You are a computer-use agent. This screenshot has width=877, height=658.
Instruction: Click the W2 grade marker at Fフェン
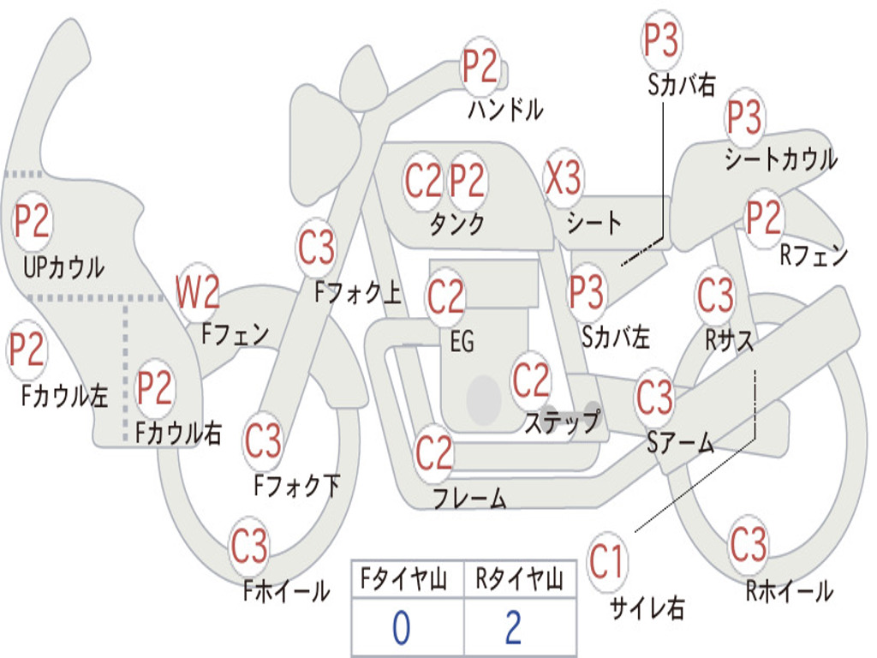tap(198, 293)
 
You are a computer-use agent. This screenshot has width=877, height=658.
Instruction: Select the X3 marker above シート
tap(563, 179)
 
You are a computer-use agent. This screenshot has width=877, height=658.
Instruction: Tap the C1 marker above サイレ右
tap(607, 563)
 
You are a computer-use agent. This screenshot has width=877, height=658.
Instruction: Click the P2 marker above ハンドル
tap(480, 67)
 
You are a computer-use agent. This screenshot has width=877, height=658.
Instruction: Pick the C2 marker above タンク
tap(424, 181)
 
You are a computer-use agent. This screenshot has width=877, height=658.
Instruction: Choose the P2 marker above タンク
tap(468, 181)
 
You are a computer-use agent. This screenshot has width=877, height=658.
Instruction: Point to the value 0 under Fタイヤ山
tap(401, 628)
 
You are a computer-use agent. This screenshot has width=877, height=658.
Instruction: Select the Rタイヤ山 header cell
tap(519, 581)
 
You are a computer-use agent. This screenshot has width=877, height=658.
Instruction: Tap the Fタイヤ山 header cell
tap(405, 581)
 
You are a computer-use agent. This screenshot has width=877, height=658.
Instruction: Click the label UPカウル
tap(63, 266)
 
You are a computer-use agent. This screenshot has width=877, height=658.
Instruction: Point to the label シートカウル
tap(780, 159)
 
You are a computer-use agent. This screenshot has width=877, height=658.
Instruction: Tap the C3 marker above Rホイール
tap(749, 545)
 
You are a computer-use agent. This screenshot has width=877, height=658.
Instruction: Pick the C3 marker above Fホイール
tap(249, 545)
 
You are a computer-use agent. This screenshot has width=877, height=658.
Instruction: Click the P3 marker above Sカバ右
tap(661, 41)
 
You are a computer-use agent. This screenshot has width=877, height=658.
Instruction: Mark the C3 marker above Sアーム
tap(655, 397)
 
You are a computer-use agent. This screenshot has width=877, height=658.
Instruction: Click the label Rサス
tap(730, 341)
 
